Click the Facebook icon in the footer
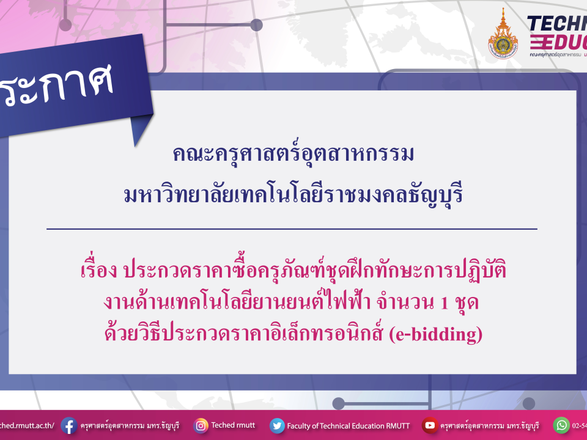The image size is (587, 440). coord(68,425)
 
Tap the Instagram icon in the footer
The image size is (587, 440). coord(201,425)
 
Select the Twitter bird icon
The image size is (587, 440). coord(277,425)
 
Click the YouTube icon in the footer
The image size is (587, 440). coord(430,425)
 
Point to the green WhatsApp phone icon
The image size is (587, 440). coord(561,425)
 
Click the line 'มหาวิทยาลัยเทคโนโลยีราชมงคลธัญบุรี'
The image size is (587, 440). coord(293,196)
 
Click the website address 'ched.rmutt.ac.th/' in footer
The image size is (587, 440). coord(28,425)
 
